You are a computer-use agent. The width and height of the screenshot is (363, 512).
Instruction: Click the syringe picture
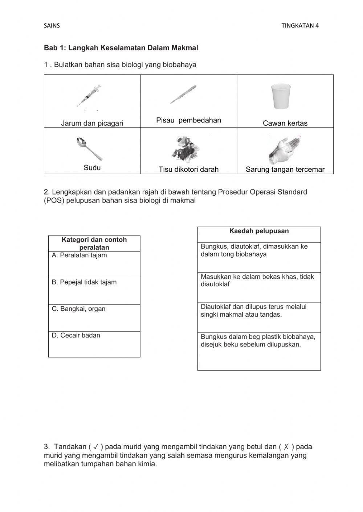[89, 96]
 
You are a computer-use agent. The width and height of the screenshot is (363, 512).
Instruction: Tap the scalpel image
[183, 94]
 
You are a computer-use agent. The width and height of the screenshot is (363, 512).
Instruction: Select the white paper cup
[281, 96]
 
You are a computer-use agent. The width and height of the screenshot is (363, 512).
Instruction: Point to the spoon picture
[89, 149]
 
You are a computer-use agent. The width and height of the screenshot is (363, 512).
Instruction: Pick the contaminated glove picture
[284, 150]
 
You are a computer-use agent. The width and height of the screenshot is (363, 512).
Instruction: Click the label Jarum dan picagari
[92, 123]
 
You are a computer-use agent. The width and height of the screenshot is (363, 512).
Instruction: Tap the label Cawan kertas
[285, 123]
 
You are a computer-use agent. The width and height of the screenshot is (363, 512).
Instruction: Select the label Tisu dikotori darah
[188, 169]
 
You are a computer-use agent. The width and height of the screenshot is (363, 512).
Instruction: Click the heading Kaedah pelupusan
[259, 231]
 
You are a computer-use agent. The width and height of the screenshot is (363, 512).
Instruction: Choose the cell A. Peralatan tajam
[94, 265]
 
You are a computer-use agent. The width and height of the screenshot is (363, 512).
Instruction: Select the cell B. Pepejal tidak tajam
[94, 291]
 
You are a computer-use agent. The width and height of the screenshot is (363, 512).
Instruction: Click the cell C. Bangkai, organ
[94, 318]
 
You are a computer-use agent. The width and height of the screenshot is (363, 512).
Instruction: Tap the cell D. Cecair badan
[94, 344]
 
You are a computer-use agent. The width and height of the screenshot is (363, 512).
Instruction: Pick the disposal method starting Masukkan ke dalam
[259, 287]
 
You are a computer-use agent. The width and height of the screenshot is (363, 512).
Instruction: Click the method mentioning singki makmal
[259, 317]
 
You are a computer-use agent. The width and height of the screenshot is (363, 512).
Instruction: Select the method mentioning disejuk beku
[259, 351]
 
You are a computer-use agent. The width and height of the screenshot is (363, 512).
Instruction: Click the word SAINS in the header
[52, 26]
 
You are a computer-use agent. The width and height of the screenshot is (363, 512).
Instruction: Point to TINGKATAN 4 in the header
[300, 26]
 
